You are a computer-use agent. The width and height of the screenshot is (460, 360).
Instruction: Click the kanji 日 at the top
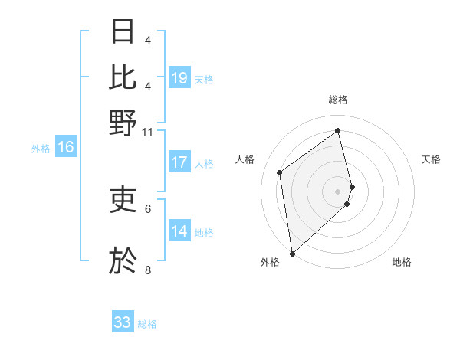tap(123, 31)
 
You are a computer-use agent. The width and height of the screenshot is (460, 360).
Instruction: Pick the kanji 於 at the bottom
tap(123, 260)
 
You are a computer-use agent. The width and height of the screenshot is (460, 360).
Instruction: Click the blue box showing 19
tap(179, 78)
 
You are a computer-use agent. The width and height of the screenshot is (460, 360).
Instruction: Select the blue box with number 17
tap(179, 162)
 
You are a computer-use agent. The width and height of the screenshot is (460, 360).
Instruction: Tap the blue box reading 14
tap(179, 231)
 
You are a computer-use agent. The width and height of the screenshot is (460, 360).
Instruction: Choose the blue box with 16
tap(66, 148)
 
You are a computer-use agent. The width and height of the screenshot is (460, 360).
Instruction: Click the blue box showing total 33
tap(123, 322)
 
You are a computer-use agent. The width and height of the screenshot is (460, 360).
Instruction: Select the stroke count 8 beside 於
tap(147, 270)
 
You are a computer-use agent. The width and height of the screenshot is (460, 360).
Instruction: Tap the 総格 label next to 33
tap(147, 324)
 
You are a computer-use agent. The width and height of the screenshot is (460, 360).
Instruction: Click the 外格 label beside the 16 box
tap(41, 149)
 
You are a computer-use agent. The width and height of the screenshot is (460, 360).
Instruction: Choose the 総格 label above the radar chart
tap(338, 100)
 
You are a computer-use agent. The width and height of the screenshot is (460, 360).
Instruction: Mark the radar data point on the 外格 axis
tap(292, 253)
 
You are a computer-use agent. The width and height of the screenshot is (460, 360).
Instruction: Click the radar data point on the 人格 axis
tap(280, 172)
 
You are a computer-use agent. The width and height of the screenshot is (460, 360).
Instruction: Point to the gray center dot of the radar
tap(338, 190)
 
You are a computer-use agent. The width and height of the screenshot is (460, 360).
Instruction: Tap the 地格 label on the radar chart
tap(402, 262)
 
